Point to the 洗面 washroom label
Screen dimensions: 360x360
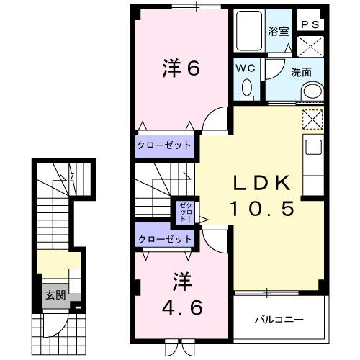pos(301,72)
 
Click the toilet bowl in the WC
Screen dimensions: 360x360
pos(247,89)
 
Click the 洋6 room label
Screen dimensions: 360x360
pos(180,69)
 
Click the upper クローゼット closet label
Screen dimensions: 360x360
pos(165,145)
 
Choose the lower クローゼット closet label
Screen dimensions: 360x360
pos(165,238)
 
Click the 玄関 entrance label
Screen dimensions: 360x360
pos(55,295)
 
